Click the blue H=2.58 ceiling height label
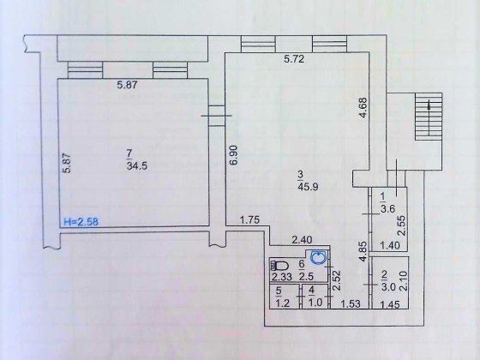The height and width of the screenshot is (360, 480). tap(81, 221)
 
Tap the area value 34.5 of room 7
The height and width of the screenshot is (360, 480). tap(137, 166)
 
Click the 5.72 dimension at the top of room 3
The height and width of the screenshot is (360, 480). tap(294, 58)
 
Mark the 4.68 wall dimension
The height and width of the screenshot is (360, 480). tap(363, 107)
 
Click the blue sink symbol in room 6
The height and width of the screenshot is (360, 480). tap(318, 257)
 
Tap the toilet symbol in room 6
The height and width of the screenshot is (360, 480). tap(279, 266)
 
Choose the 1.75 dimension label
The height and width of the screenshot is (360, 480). tap(249, 219)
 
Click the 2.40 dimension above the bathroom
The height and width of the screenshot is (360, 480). tap(302, 241)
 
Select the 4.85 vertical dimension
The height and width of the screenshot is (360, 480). tap(363, 251)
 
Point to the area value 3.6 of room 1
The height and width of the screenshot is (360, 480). tap(387, 209)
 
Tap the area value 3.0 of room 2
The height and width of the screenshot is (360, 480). tap(388, 287)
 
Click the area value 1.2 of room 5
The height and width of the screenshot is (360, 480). tap(283, 303)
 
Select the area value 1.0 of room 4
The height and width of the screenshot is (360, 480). tap(315, 303)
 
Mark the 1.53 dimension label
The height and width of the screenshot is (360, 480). tap(351, 303)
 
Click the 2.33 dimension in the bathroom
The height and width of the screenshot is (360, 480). tap(282, 278)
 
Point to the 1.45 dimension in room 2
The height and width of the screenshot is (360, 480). tap(390, 305)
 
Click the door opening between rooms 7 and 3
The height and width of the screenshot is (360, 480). tap(217, 116)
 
